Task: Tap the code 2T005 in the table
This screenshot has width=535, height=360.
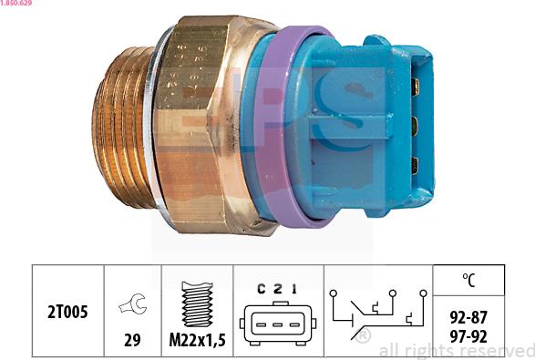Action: [x=68, y=311]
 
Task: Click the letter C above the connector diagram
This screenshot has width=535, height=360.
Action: [x=261, y=289]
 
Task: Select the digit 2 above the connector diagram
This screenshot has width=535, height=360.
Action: [x=276, y=289]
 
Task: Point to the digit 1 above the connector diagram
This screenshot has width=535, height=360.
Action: [x=293, y=289]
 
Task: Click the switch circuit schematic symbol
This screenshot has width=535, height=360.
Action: [x=376, y=311]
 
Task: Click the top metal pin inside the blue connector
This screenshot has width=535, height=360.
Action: [x=416, y=87]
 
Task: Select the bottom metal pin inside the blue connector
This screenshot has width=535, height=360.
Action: [x=416, y=165]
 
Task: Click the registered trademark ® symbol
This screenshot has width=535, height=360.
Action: [x=363, y=336]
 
